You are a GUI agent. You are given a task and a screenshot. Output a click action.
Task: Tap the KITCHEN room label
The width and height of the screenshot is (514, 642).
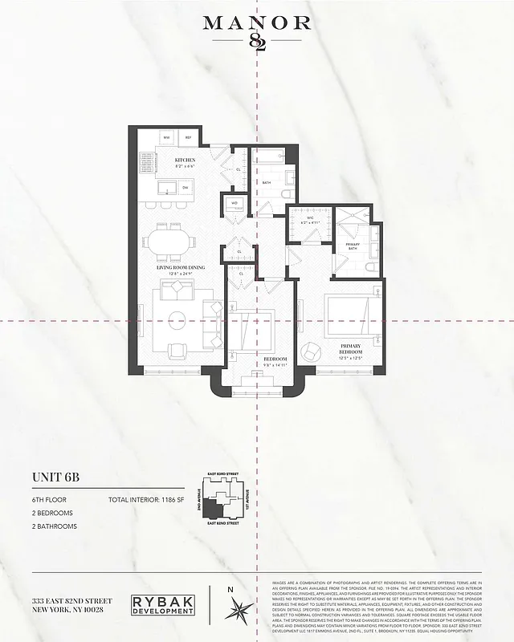[x=186, y=160]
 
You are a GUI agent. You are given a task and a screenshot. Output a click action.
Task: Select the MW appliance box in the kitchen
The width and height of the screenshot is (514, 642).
[x=167, y=138]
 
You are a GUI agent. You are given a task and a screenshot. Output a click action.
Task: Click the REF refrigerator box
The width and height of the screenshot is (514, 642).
[x=188, y=138]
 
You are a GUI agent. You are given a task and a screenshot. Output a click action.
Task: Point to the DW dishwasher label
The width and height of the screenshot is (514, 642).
[x=185, y=187]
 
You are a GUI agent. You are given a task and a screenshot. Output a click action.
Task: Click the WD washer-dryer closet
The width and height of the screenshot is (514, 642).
[x=235, y=203]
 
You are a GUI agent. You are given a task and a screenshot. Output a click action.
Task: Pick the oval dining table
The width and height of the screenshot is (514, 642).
[x=169, y=240]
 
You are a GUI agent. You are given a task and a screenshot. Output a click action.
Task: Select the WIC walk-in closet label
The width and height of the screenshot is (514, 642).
[x=310, y=219]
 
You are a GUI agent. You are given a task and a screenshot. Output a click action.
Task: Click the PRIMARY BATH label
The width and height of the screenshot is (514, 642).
[x=353, y=246]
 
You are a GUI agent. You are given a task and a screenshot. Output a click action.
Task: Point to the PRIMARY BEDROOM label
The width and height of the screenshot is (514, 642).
[x=349, y=348]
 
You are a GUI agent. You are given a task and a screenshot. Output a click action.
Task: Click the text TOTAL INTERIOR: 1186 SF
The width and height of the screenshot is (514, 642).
[x=146, y=500]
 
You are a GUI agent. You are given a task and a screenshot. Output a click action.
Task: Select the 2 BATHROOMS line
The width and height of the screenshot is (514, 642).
[x=55, y=526]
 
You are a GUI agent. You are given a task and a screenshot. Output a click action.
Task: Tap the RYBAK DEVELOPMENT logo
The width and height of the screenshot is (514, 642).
[x=161, y=605]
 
